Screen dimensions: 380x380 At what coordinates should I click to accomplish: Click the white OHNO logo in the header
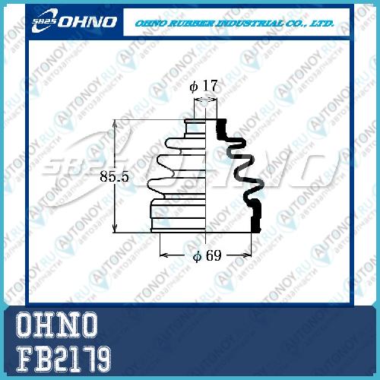tap(74, 21)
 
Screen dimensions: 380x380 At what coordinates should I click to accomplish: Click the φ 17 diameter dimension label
tap(204, 86)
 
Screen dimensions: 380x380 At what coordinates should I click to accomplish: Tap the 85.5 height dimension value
tap(114, 176)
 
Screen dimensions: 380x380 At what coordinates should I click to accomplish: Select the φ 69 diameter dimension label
tap(207, 255)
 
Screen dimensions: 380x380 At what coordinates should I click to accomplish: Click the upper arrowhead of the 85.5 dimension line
tap(115, 123)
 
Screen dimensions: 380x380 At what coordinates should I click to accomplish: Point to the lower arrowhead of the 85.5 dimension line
tap(115, 229)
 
